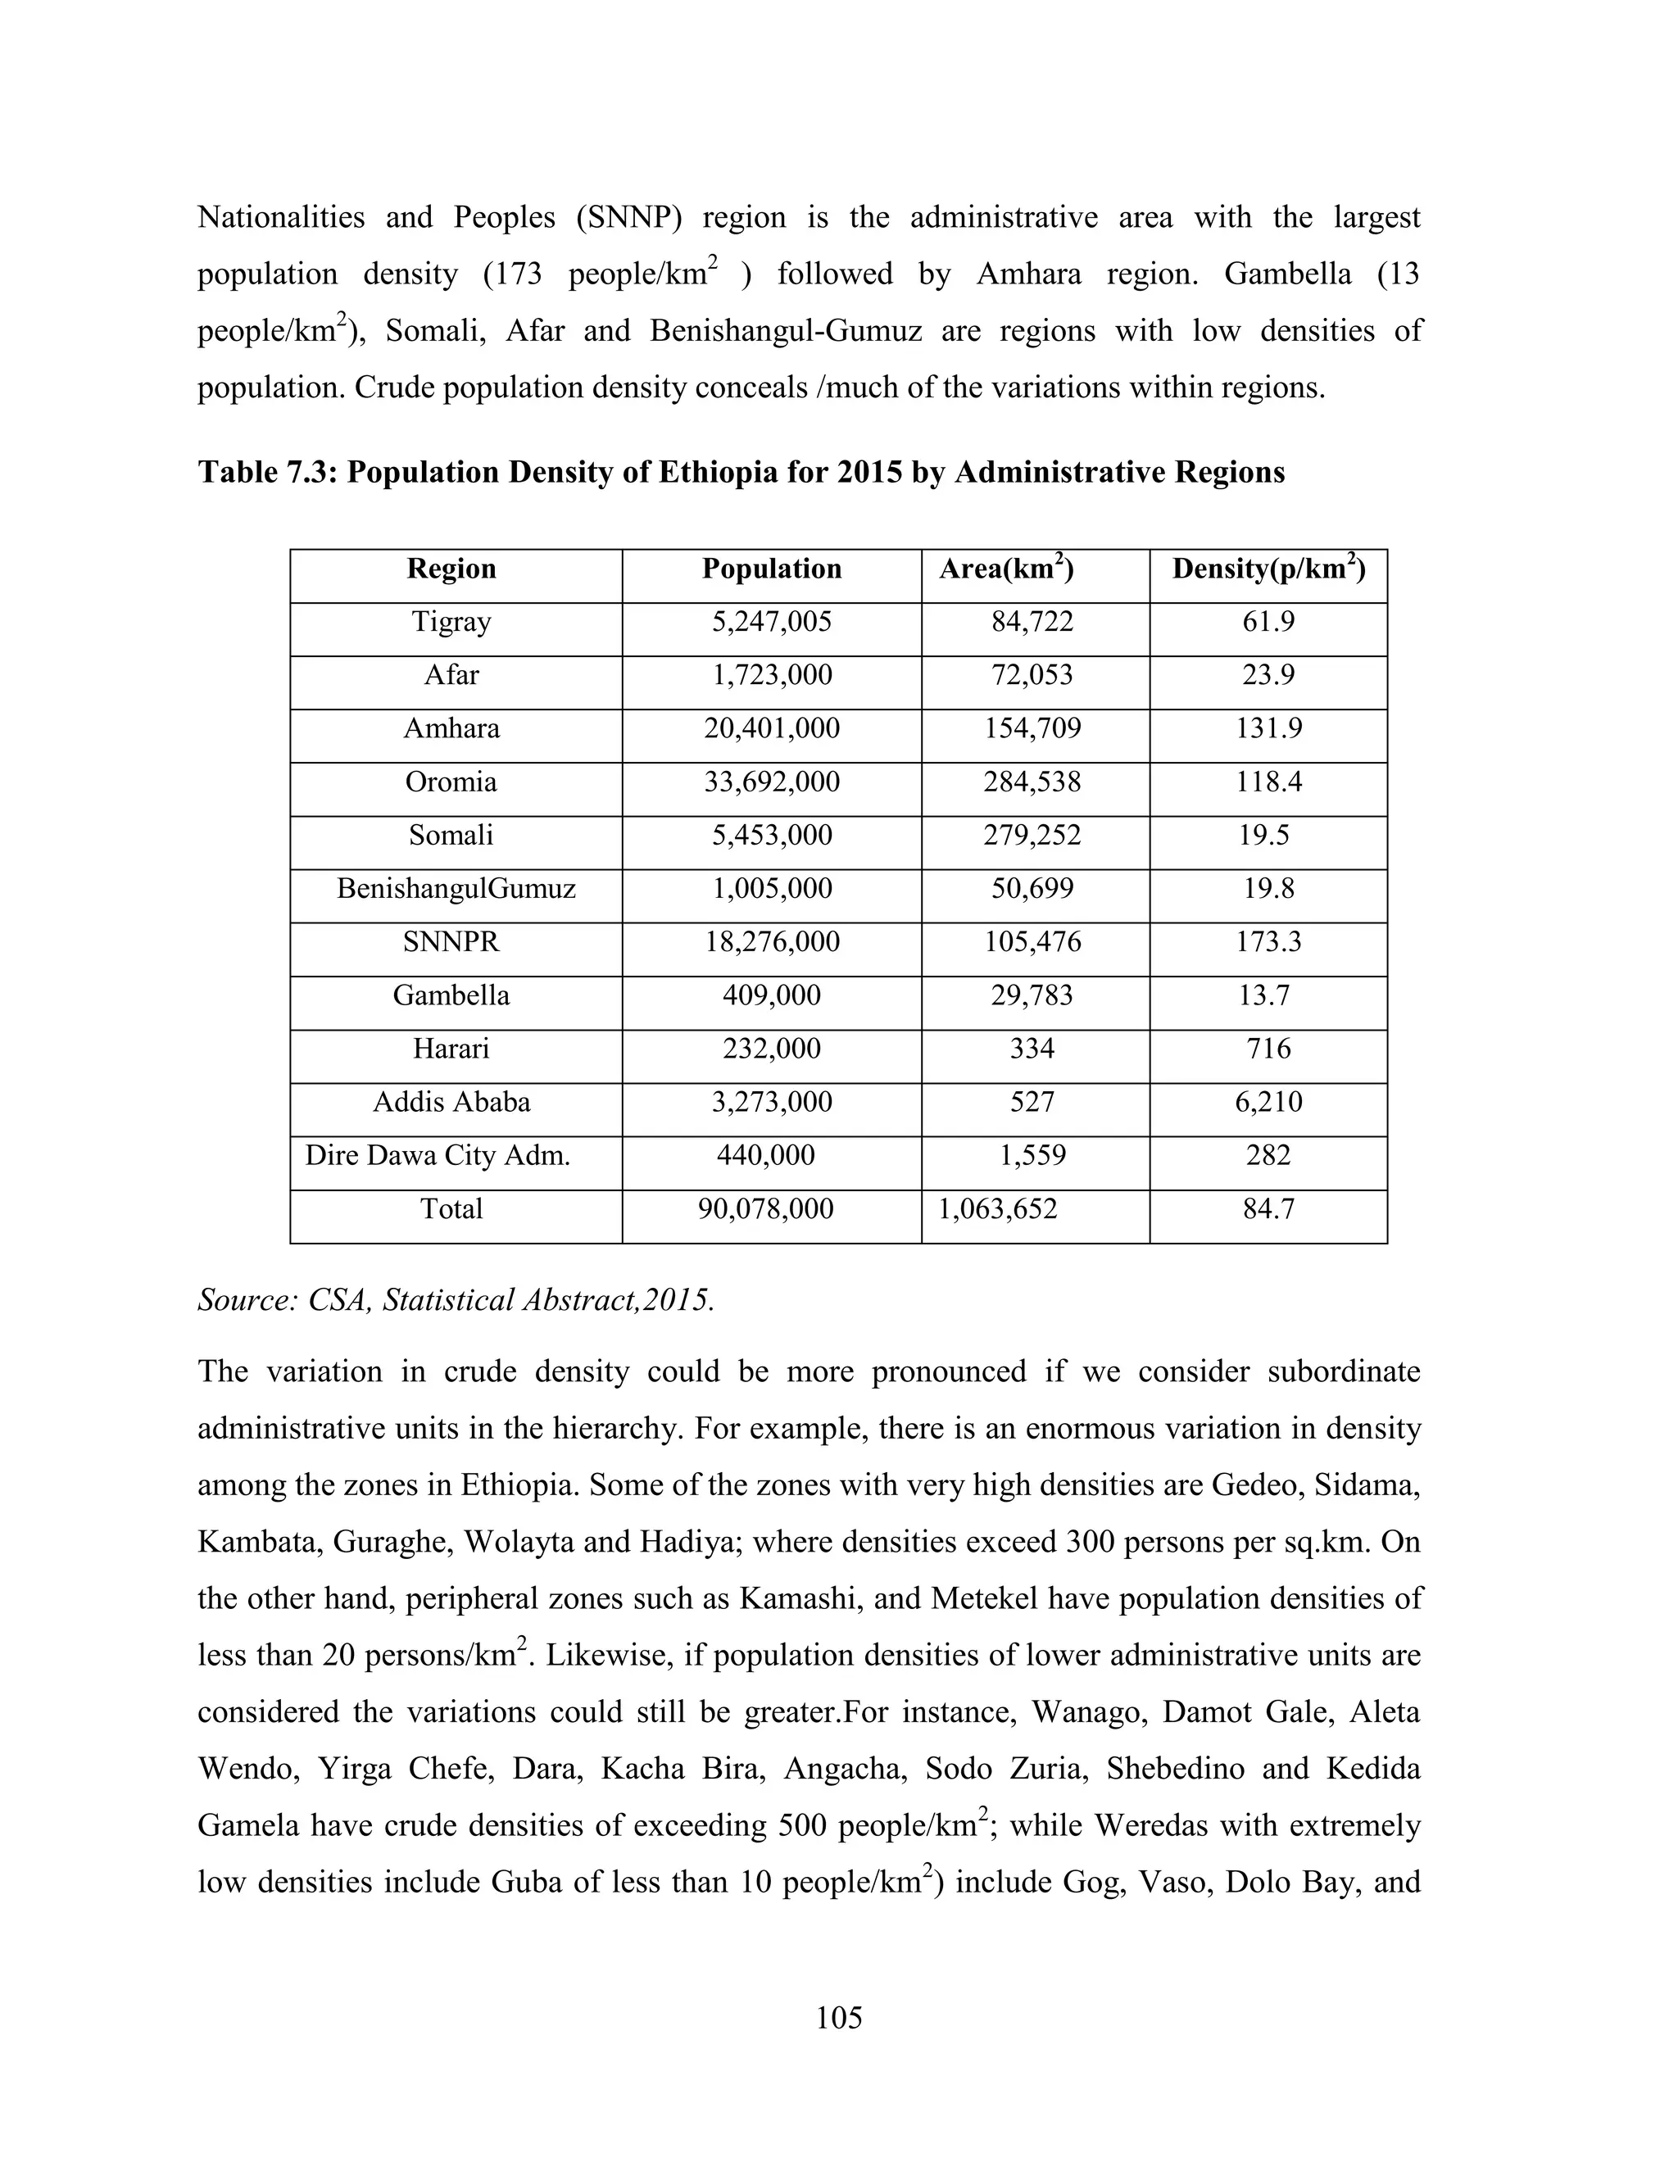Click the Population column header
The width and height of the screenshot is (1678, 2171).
pos(771,569)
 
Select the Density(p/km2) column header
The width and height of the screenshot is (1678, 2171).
pos(1268,569)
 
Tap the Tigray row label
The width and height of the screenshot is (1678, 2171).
pos(451,623)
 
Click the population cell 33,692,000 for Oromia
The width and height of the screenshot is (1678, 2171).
pos(771,782)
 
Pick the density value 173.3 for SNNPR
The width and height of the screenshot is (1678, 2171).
pos(1268,942)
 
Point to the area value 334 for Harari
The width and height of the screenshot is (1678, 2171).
pos(1032,1049)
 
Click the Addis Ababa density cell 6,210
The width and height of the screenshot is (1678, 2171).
pos(1268,1103)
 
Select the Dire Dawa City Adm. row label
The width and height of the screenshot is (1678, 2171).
pos(438,1156)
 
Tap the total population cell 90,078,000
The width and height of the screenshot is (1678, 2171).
pos(765,1210)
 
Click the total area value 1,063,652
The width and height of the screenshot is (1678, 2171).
pos(997,1210)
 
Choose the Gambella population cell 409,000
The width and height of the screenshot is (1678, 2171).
pos(771,996)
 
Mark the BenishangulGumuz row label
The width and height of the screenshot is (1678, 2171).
pos(456,889)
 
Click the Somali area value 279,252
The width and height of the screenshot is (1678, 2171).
pos(1032,836)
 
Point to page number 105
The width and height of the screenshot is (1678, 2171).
pos(839,2018)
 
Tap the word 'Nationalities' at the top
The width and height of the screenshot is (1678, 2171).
pos(280,218)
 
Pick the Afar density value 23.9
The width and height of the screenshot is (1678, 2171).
pos(1268,676)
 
